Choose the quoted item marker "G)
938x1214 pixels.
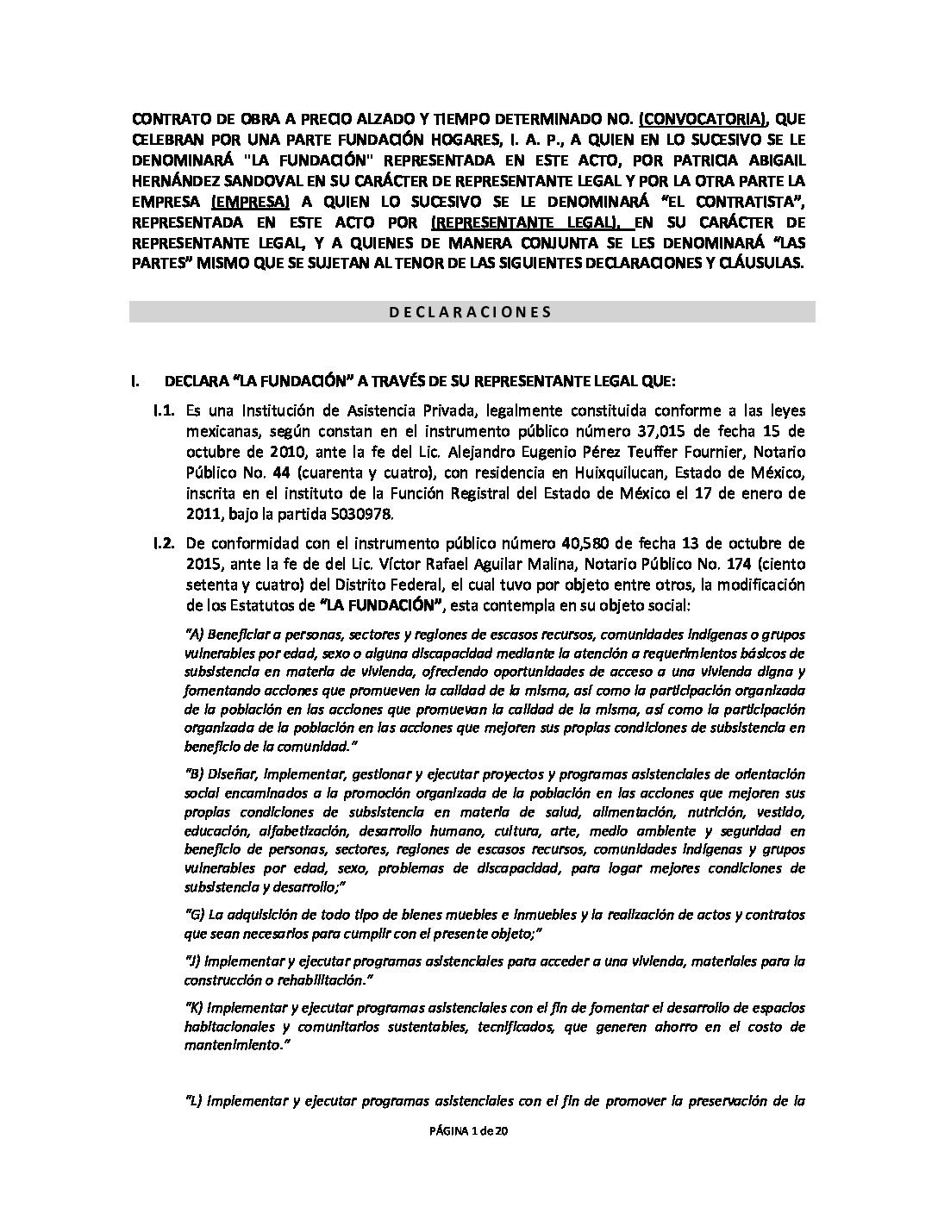(x=196, y=914)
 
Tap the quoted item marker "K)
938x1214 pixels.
(x=196, y=1007)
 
